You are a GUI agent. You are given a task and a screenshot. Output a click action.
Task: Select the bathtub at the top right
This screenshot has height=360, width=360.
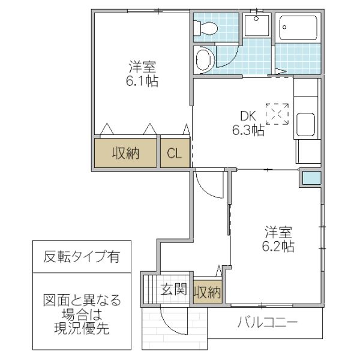pos(298,28)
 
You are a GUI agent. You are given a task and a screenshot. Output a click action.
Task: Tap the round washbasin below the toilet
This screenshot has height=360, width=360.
pos(205,59)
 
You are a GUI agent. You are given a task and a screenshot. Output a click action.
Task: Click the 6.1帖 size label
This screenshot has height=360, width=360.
pos(142,82)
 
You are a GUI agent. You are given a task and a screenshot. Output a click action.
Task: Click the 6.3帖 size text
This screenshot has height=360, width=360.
pos(248,130)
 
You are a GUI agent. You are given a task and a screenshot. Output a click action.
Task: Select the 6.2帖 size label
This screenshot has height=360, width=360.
pos(278,245)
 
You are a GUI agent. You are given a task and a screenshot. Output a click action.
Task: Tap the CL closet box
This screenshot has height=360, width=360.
pos(174,154)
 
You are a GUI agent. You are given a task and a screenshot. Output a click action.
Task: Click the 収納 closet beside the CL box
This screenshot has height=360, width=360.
pos(125,154)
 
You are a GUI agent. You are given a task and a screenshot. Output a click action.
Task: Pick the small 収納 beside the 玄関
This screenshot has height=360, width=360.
pos(207,292)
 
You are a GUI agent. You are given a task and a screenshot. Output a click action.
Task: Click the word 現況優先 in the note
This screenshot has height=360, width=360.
pos(81,329)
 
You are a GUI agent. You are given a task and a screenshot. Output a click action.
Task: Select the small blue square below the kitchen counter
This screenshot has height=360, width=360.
pos(311,178)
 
